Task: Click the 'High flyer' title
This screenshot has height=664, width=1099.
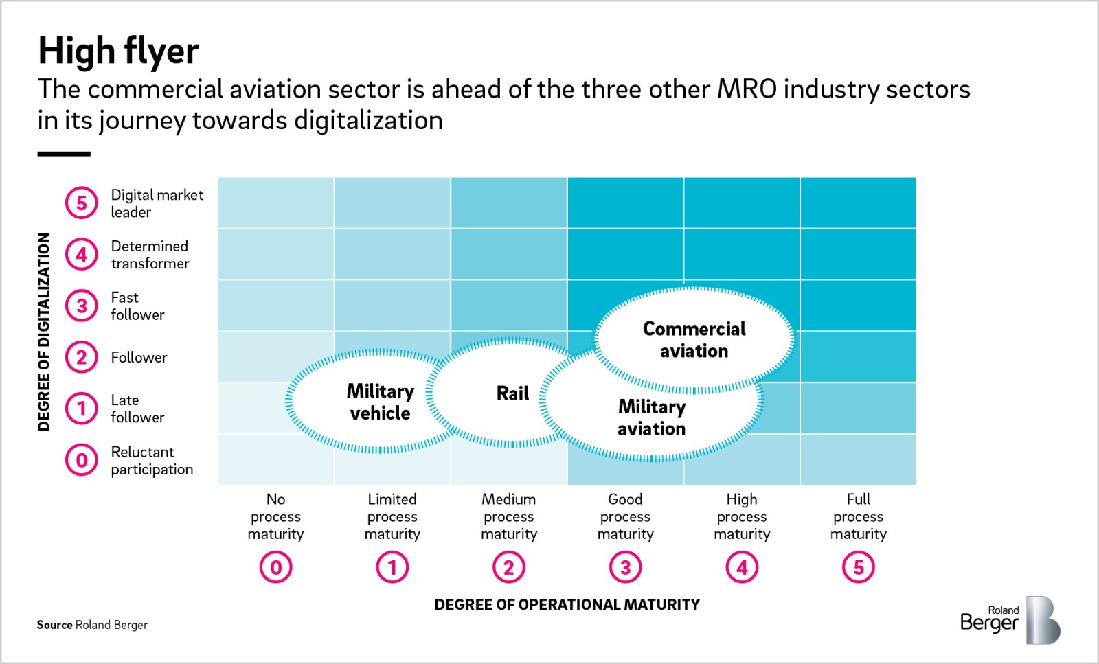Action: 118,51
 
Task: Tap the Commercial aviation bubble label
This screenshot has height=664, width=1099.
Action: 694,340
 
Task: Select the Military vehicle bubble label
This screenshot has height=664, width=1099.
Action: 380,402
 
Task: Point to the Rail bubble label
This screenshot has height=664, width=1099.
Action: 512,393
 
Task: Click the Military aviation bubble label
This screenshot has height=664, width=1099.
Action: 651,417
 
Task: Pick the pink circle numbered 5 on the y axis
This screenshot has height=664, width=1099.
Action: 82,203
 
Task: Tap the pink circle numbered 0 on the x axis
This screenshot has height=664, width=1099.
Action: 275,567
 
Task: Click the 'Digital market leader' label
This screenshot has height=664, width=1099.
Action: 157,203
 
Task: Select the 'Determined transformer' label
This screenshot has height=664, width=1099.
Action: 150,255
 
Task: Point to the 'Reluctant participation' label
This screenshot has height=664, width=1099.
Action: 152,461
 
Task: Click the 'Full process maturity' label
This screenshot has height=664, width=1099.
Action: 858,516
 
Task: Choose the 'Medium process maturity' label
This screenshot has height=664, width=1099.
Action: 508,516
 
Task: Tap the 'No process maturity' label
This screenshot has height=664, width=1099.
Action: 275,516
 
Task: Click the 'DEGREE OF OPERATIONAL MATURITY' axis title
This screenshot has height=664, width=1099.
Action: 567,604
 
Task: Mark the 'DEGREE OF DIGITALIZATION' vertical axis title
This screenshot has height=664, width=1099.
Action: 44,332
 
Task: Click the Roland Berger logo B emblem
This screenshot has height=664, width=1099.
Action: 1042,620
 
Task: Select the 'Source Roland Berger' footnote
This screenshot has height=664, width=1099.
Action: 92,625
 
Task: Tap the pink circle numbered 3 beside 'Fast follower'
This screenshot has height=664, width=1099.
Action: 82,306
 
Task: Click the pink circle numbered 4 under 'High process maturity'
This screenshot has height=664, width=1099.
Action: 742,567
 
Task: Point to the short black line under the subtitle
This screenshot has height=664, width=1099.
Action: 64,154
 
